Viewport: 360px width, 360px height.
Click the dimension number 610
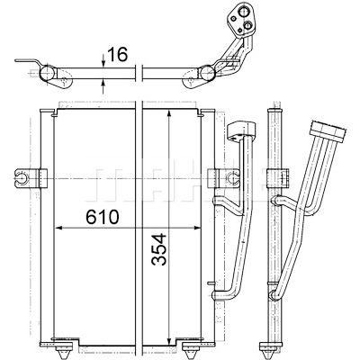click(x=103, y=217)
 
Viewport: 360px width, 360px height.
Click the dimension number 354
click(x=159, y=249)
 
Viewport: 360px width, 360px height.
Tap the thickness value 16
click(x=117, y=54)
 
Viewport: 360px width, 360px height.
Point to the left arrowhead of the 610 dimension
click(x=58, y=229)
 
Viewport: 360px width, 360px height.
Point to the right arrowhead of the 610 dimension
click(x=197, y=229)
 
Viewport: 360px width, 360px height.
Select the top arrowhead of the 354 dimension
click(x=169, y=113)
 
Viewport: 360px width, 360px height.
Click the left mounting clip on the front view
click(x=31, y=178)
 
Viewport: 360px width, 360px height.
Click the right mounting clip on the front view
click(x=223, y=178)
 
